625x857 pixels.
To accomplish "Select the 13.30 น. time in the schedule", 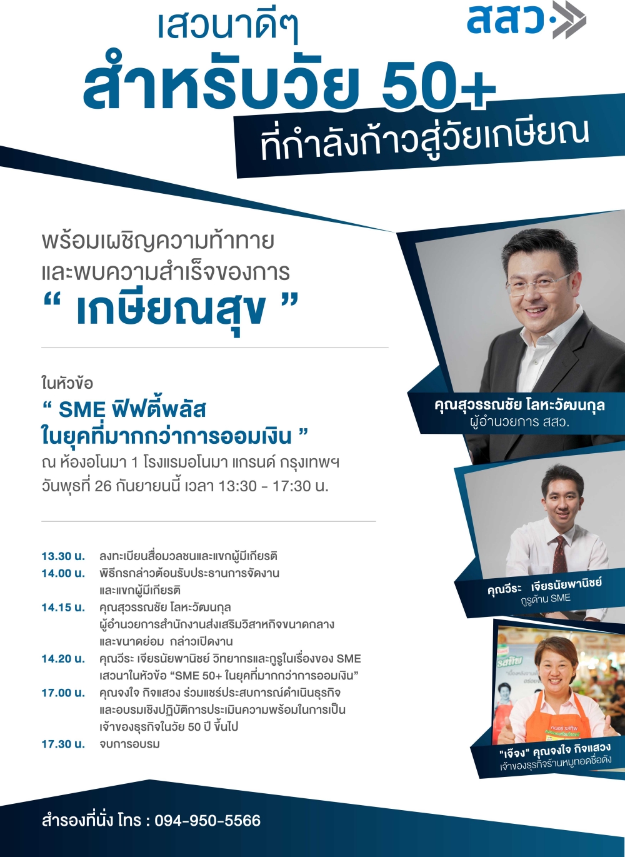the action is (63, 556).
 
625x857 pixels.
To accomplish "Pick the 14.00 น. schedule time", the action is (63, 573).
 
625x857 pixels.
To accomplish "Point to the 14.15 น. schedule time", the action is (63, 608).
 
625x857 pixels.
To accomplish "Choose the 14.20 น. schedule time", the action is (63, 659).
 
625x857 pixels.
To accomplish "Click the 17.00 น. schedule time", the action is (63, 693).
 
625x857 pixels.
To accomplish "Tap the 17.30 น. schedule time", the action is (63, 744).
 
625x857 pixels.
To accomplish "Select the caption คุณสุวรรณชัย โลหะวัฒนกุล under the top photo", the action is (519, 405).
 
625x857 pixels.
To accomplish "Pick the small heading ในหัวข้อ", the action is (67, 384).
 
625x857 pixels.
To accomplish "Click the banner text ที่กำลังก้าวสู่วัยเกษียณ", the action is (424, 144).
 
